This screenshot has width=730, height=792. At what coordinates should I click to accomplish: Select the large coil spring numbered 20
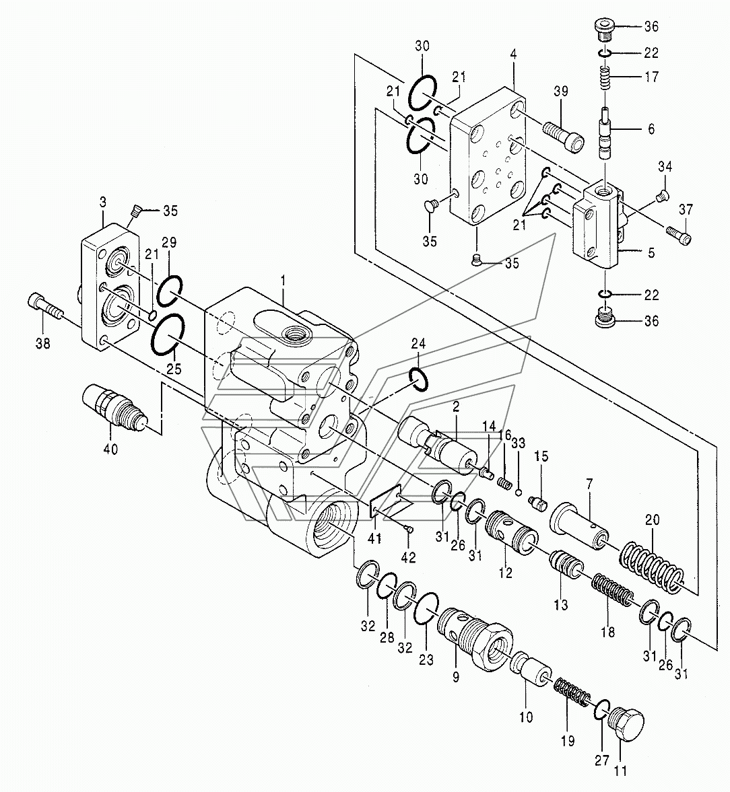pyautogui.click(x=652, y=567)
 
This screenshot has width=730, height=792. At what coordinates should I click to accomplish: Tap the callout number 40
pyautogui.click(x=110, y=448)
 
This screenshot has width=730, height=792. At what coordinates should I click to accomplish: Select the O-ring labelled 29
pyautogui.click(x=168, y=291)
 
